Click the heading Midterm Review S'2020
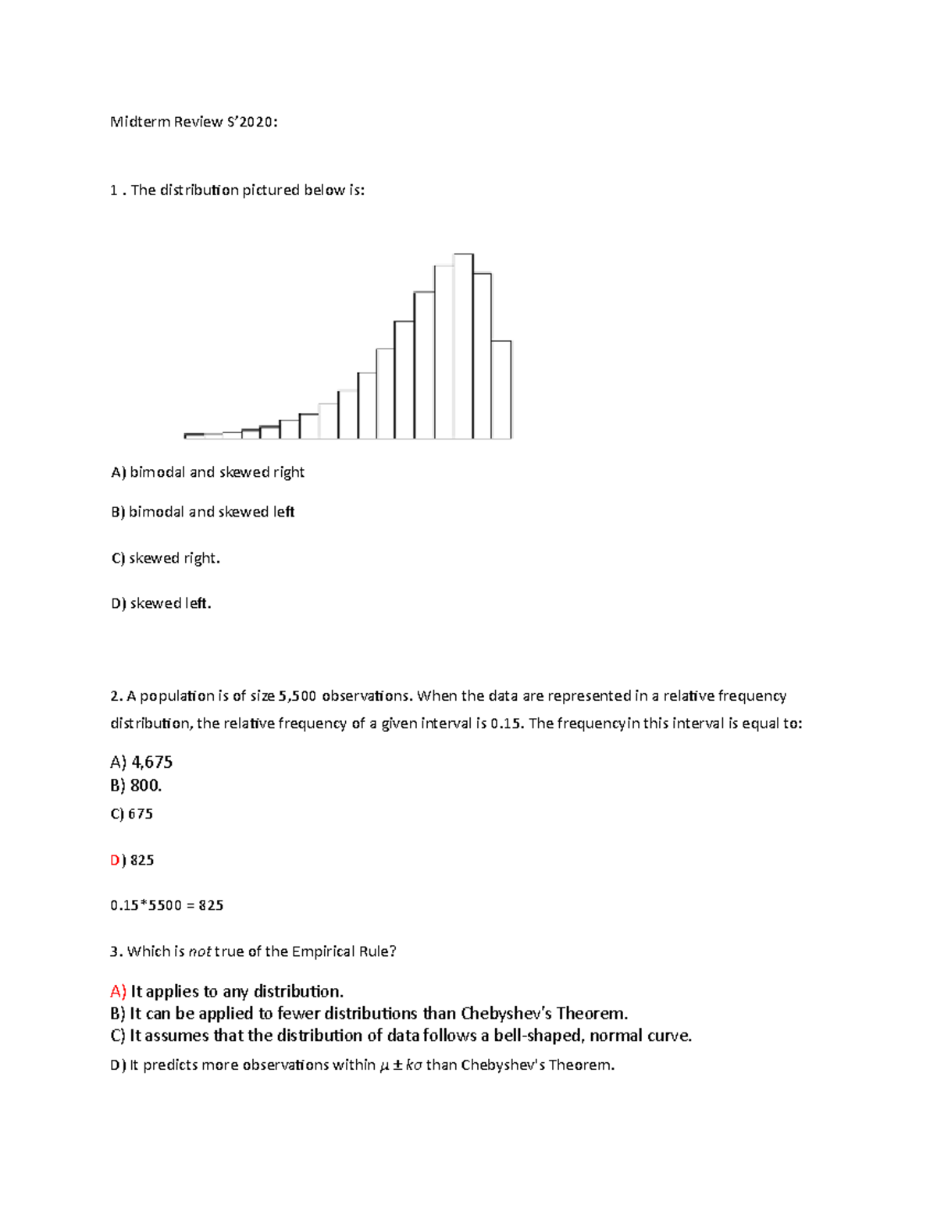point(194,122)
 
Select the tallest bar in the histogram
point(463,347)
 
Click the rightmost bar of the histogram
point(501,389)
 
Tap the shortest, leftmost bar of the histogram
point(194,435)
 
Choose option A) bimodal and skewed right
point(208,472)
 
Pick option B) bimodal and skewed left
point(203,512)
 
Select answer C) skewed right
point(166,558)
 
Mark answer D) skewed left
point(161,603)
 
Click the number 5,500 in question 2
point(297,696)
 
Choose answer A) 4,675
point(141,762)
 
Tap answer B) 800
point(136,785)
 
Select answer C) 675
point(132,814)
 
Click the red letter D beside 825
point(116,860)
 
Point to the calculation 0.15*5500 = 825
point(167,905)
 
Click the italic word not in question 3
point(200,951)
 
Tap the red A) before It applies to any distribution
point(118,991)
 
